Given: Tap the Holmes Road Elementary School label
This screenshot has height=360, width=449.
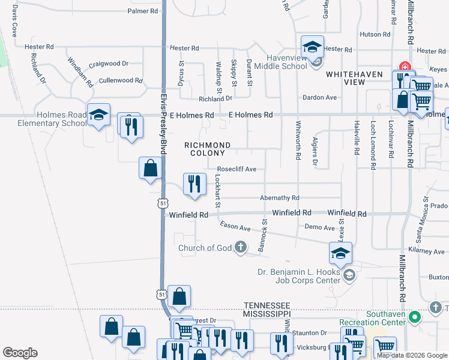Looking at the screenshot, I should pos(45,119).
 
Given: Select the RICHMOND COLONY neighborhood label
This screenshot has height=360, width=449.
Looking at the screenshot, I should pos(207,149).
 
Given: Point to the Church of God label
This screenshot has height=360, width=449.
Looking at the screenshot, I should pos(205,248).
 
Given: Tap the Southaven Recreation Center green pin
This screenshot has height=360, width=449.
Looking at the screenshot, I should pos(414,316).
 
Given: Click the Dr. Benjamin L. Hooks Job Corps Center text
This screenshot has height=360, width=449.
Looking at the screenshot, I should pos(298,275).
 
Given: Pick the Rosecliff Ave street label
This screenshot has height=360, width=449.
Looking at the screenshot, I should pos(237,169).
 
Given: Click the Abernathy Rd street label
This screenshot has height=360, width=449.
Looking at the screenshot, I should pos(279,197).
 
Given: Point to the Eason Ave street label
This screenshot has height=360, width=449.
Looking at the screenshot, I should pos(235,227).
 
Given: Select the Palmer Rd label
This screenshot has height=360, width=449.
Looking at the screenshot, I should pos(142,11).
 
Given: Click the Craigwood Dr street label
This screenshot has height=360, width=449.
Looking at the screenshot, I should pos(109,64).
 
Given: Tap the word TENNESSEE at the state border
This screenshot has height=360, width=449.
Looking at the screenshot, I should pos(267,305).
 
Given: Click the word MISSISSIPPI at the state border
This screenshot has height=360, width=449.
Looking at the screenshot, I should pos(267,314).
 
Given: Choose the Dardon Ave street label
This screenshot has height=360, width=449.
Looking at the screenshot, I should pos(319,97).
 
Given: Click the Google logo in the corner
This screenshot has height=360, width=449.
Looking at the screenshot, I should pos(20,353).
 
